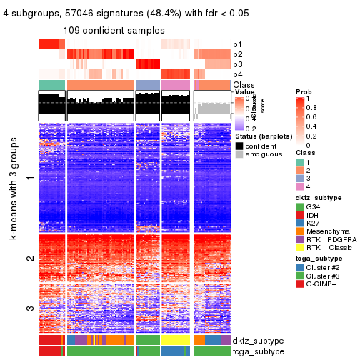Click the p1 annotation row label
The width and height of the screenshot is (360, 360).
click(236, 44)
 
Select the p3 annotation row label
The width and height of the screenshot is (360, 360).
click(236, 64)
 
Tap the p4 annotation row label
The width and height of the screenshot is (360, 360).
click(236, 74)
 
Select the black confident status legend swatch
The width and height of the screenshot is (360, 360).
click(239, 145)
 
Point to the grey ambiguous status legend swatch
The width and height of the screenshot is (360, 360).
click(239, 154)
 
